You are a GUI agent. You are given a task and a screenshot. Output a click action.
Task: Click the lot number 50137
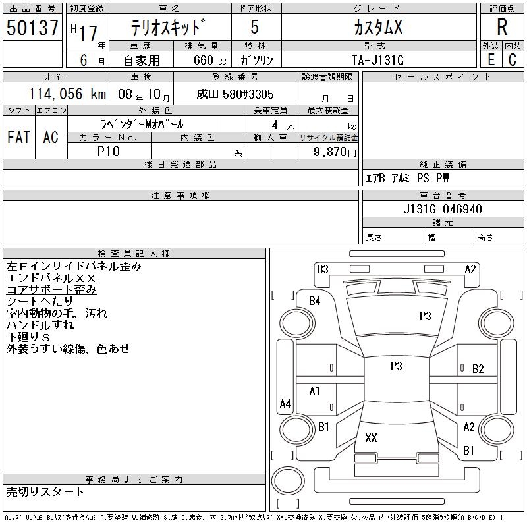point(32,28)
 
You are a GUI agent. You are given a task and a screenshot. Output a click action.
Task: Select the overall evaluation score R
point(502,28)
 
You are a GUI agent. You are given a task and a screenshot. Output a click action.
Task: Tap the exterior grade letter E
point(491,60)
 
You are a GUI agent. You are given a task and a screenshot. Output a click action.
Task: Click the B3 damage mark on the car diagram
point(322,269)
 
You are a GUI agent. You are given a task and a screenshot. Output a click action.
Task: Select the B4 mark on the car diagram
point(315,301)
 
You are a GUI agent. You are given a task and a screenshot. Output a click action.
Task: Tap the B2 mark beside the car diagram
point(478,368)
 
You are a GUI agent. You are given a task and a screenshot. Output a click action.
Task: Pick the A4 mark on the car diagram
point(285,403)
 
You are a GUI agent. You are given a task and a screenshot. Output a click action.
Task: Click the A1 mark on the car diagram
point(315,391)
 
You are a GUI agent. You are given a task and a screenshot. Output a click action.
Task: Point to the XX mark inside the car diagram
point(371,438)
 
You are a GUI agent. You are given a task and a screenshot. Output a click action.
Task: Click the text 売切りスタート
point(45,491)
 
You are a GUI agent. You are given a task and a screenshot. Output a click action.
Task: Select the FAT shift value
point(18,137)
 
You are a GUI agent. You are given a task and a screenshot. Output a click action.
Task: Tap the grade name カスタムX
point(377,28)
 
